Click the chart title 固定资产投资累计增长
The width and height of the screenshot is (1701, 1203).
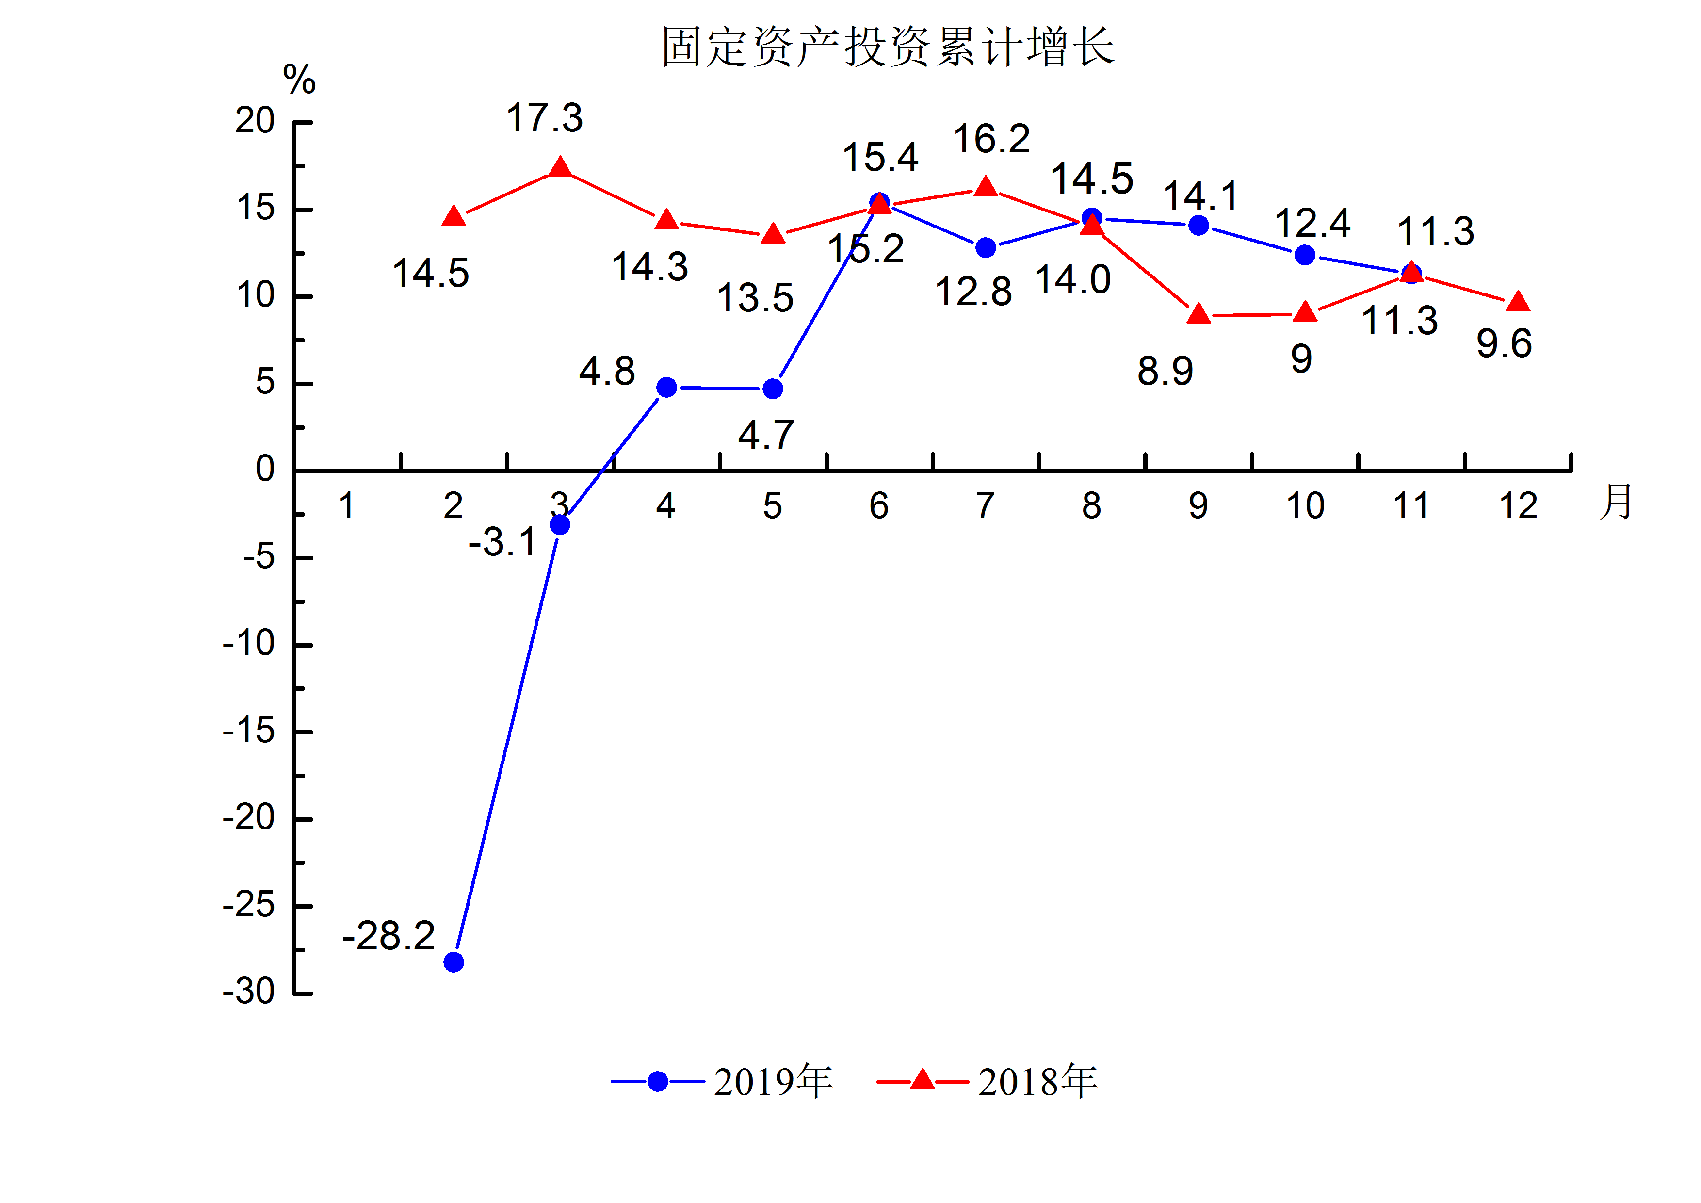point(888,47)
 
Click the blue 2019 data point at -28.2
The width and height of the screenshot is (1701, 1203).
point(454,962)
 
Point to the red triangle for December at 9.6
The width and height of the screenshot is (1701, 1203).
point(1518,302)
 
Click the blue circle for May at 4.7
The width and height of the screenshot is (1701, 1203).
point(773,389)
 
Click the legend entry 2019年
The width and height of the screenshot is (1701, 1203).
point(773,1082)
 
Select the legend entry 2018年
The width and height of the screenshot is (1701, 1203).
point(1037,1082)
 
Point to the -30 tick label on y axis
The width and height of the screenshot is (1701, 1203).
point(249,992)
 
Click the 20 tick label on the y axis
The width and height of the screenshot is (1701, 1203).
point(255,121)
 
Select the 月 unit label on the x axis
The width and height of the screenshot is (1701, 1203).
point(1616,502)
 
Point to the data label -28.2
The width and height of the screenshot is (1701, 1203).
point(388,936)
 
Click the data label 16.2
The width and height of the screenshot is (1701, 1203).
point(991,139)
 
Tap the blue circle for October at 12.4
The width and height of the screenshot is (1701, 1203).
point(1305,255)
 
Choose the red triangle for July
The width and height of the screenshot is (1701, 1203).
point(985,187)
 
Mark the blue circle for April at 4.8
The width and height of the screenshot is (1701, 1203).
point(667,388)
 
